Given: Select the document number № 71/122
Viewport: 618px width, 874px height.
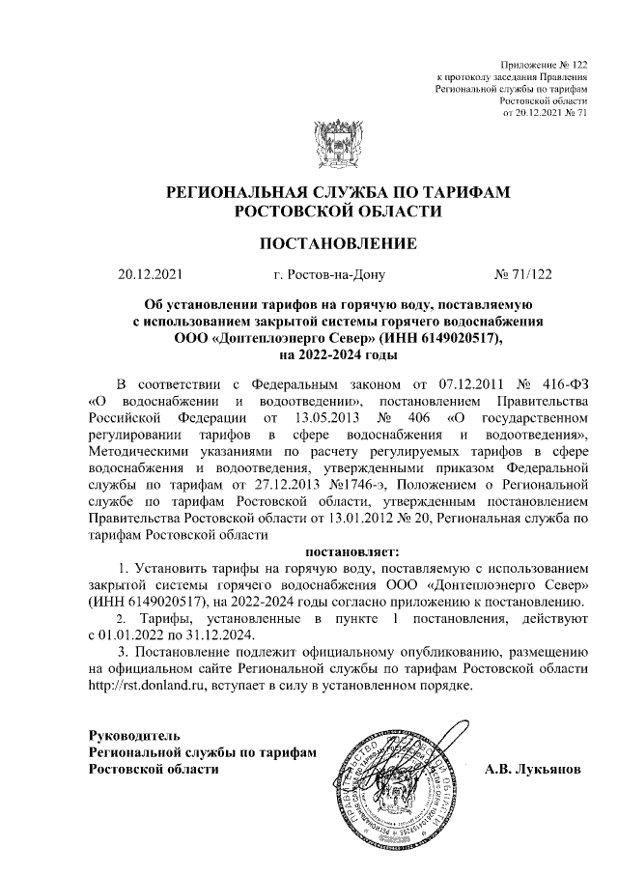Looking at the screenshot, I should click(x=522, y=275).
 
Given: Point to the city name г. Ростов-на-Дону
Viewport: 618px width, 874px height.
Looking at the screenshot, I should click(x=329, y=275).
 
